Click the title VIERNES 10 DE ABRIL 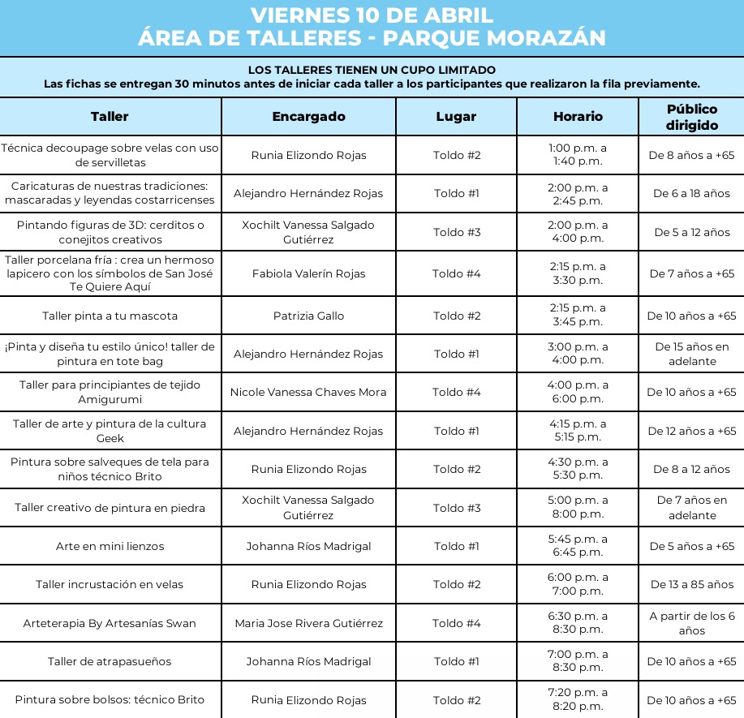(372, 15)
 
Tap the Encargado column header (308, 116)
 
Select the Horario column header (578, 116)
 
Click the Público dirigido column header (691, 117)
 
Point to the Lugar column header (456, 116)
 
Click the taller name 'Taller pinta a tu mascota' (110, 316)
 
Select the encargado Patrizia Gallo (308, 316)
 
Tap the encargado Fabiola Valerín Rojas (308, 273)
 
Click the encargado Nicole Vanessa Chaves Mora (308, 392)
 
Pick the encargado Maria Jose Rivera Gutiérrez (308, 623)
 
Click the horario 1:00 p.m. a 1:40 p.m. (578, 154)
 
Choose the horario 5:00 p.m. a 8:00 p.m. (578, 507)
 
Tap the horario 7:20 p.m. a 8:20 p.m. (578, 699)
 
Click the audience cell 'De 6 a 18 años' (691, 193)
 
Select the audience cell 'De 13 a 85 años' (691, 584)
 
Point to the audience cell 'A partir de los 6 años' (691, 623)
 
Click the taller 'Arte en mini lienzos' (110, 546)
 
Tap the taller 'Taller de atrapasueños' (110, 661)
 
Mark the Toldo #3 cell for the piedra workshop (456, 508)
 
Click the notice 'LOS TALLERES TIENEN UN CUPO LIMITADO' (372, 71)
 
